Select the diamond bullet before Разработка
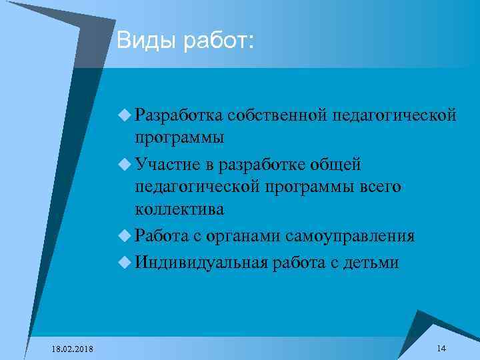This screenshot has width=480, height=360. (x=125, y=115)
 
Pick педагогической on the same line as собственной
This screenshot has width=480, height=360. (x=399, y=116)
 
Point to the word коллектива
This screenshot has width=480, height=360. (x=179, y=209)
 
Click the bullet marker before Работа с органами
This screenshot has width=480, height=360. (x=125, y=236)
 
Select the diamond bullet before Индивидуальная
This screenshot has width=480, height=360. (x=125, y=262)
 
